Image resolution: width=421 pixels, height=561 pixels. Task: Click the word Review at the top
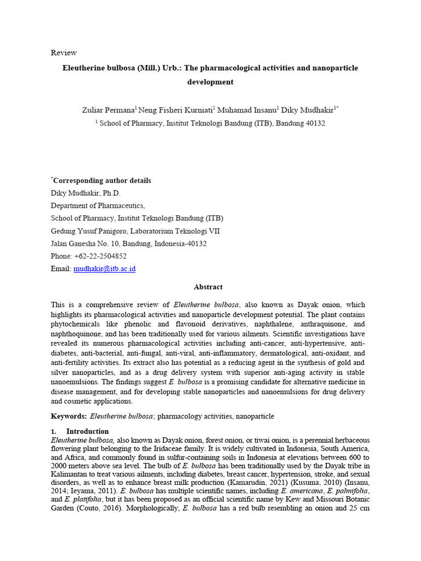64,53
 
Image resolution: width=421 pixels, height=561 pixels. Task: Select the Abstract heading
208,287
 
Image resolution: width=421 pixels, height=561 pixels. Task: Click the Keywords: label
69,416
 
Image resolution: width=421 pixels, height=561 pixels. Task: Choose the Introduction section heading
87,431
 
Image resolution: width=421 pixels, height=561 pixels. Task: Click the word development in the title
210,82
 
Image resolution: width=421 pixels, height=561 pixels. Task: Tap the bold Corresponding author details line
102,181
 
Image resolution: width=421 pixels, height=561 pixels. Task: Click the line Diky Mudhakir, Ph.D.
86,193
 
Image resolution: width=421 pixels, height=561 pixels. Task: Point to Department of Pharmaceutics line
98,205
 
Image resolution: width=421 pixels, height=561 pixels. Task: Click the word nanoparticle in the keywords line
254,416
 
